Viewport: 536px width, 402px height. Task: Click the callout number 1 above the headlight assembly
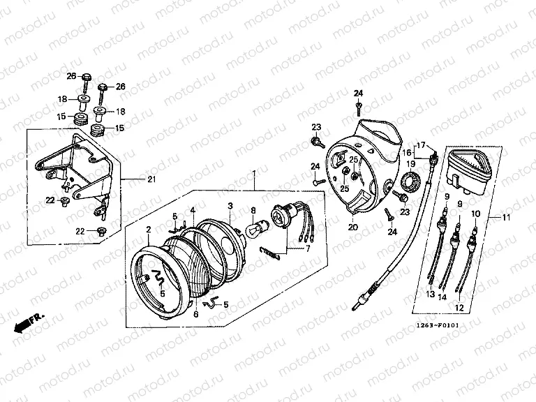tap(254, 172)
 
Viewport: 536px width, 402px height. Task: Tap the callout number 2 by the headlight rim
tap(148, 229)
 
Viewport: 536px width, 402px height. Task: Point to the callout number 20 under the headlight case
tap(352, 228)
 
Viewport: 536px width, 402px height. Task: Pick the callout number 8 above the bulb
tap(253, 209)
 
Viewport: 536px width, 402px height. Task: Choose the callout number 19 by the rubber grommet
tap(411, 163)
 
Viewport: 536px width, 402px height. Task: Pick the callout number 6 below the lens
tap(195, 315)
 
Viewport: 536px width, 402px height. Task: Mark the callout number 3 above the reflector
tap(229, 206)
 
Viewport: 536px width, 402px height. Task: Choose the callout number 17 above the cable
tap(421, 145)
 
